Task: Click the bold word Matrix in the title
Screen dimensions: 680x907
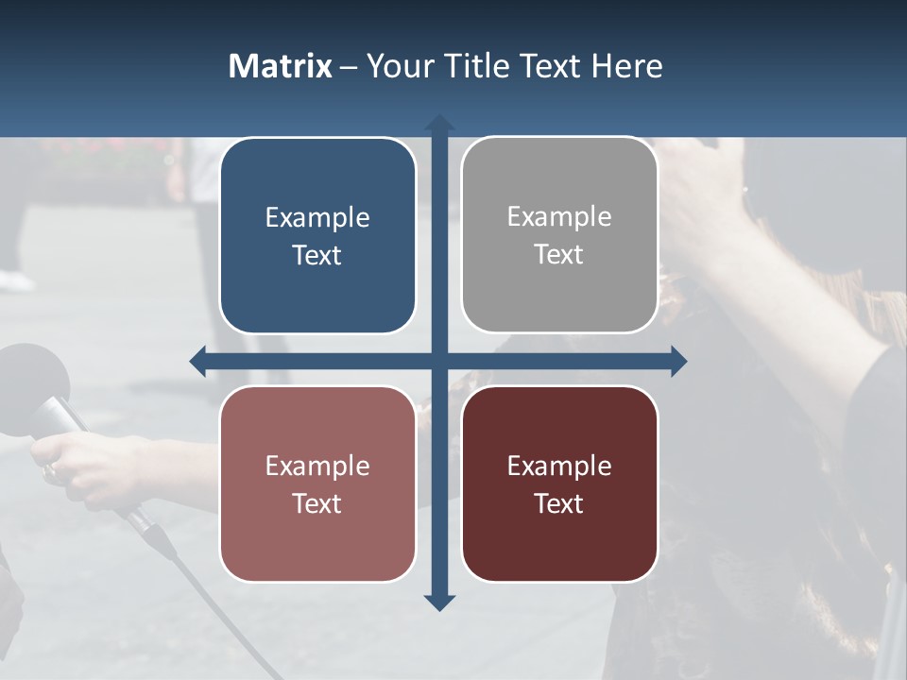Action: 281,66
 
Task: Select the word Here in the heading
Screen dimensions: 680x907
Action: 626,66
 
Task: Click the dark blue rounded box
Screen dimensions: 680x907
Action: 317,235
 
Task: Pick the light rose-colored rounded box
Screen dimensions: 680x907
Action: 317,484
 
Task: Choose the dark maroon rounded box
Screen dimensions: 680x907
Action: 559,484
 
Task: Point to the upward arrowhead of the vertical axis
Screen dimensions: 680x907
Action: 439,123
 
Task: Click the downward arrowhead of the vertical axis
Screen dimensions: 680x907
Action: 439,603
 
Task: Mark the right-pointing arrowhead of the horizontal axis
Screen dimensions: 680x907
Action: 678,361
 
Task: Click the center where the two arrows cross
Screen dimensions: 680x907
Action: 439,361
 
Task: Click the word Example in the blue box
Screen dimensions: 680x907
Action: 317,218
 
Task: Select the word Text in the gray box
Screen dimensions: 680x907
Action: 559,255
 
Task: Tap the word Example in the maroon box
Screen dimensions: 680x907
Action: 559,467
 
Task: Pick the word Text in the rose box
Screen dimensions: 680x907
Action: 317,504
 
